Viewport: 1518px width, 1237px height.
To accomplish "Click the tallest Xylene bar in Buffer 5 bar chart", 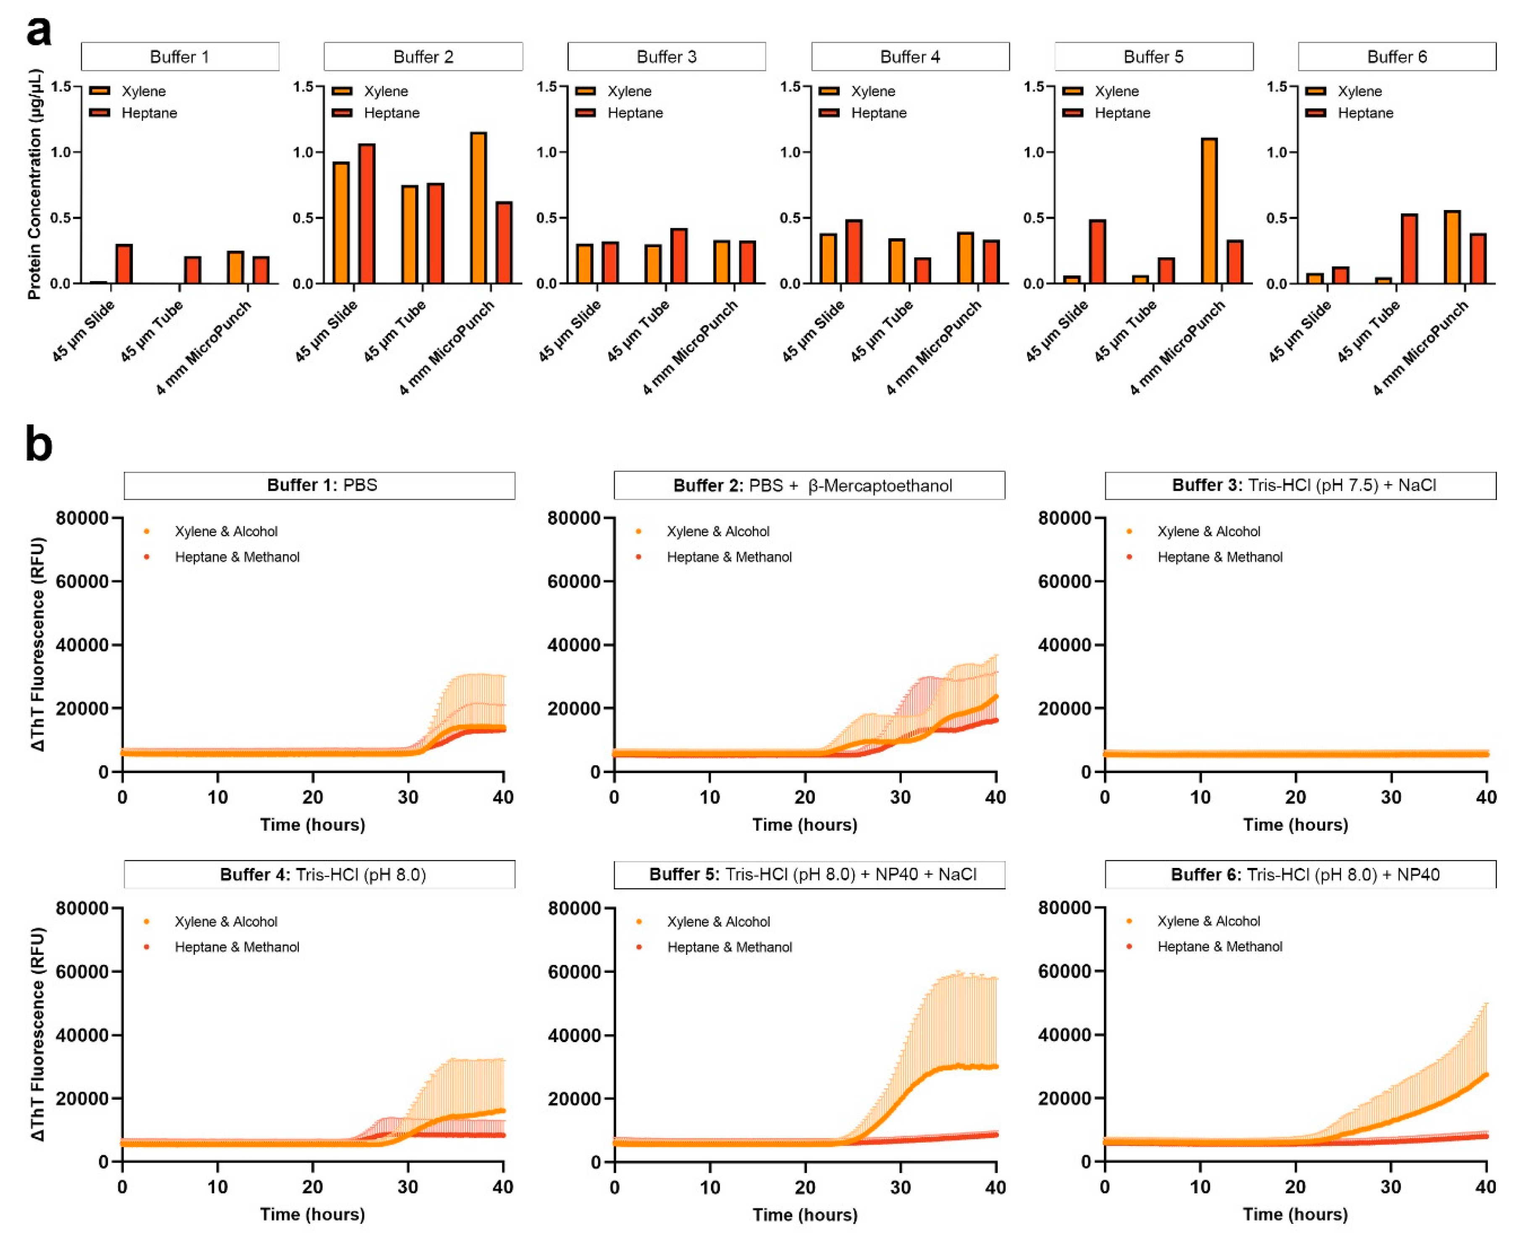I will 1209,211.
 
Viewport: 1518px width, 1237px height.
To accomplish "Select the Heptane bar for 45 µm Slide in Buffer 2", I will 366,214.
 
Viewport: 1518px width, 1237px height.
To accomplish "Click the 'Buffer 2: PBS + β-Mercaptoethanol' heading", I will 809,485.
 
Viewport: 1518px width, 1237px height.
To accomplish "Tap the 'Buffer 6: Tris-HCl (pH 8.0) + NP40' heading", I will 1300,874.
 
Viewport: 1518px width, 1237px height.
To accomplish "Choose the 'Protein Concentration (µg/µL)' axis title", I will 34,184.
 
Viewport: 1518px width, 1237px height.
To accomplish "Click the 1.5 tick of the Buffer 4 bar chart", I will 791,87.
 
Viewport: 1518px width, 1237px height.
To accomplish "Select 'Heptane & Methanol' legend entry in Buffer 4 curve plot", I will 236,947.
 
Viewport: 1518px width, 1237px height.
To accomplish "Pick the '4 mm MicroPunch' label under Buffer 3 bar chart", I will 689,348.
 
